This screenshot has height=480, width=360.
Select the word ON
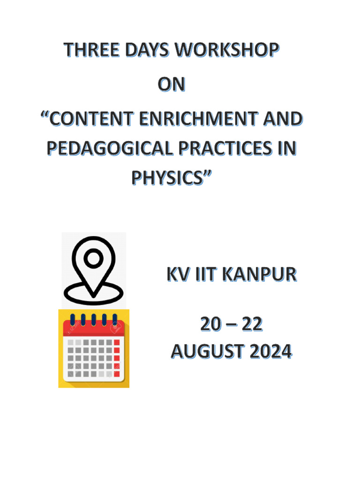172,85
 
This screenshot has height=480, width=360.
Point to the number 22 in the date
252,324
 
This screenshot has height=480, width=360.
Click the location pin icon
94,270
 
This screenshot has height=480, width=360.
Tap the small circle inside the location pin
94,257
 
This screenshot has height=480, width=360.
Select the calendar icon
94,349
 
